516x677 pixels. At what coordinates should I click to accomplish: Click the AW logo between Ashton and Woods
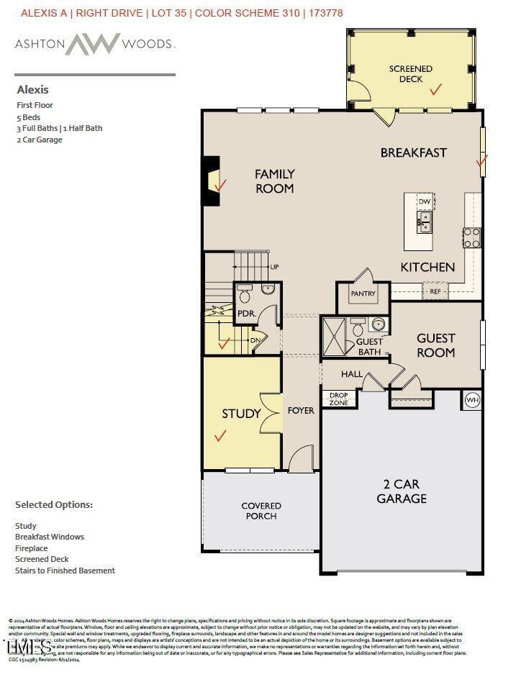click(x=93, y=44)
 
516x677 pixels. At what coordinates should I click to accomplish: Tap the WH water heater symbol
click(x=472, y=400)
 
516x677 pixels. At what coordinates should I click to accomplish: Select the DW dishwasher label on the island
click(x=425, y=202)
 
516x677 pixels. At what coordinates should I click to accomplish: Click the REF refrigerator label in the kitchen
click(x=435, y=292)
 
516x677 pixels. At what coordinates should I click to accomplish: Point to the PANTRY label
click(x=363, y=294)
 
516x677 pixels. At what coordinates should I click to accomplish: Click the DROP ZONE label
click(x=338, y=399)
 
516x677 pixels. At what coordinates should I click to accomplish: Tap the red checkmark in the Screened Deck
click(x=435, y=90)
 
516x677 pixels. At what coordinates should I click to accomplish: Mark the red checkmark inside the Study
click(x=220, y=435)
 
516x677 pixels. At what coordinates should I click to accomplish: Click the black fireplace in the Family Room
click(x=210, y=181)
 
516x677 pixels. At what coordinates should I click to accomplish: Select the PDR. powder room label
click(x=247, y=314)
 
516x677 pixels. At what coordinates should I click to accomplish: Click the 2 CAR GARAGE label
click(x=402, y=491)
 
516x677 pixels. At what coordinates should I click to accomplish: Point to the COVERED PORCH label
click(x=261, y=511)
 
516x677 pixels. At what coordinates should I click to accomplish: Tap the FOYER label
click(x=301, y=410)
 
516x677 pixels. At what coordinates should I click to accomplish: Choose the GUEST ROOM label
click(x=435, y=345)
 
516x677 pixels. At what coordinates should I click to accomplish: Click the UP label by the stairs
click(x=274, y=267)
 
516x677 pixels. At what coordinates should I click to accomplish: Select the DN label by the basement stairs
click(x=255, y=340)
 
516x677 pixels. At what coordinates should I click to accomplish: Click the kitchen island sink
click(x=425, y=222)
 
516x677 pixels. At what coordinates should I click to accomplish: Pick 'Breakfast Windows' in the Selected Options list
click(x=50, y=537)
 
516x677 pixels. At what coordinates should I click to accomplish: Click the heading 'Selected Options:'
click(x=54, y=505)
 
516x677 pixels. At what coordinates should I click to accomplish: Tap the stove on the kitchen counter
click(x=471, y=237)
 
